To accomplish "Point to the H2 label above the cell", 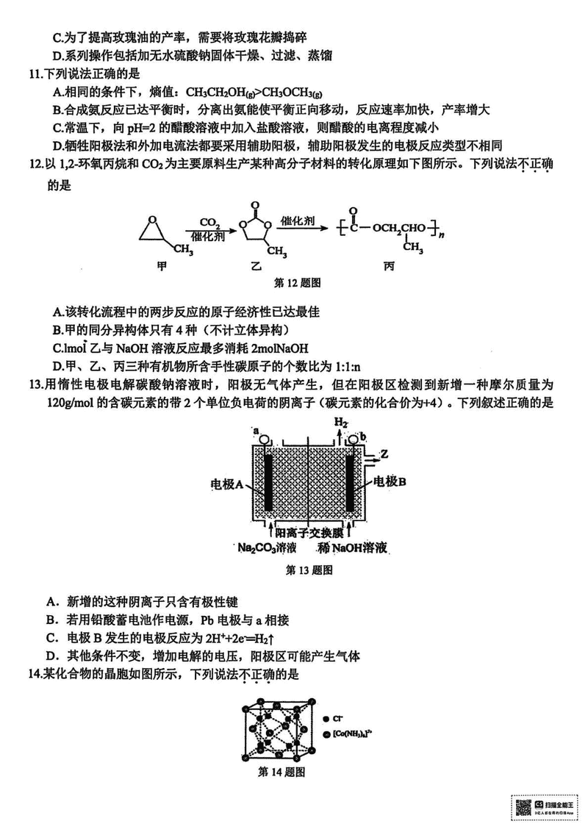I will [341, 423].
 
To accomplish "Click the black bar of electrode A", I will [270, 482].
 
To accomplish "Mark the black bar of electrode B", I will [351, 482].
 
